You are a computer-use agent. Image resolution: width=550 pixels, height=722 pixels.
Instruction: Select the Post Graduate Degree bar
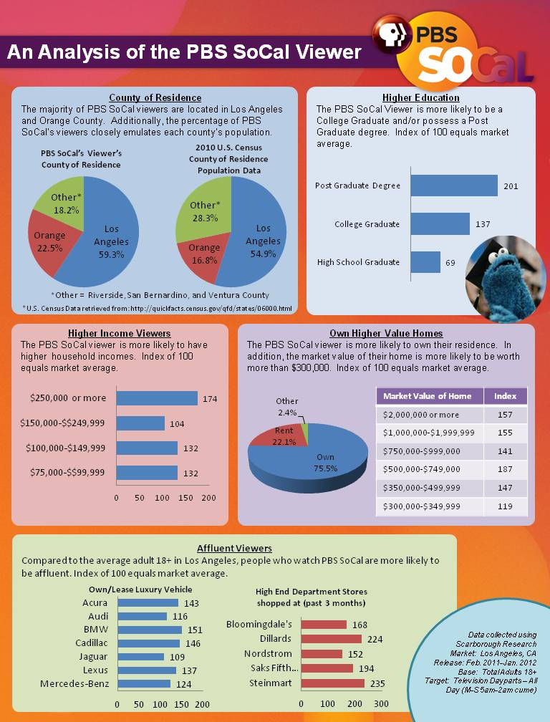pyautogui.click(x=453, y=186)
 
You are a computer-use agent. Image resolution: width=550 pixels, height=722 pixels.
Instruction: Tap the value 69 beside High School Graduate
pyautogui.click(x=450, y=263)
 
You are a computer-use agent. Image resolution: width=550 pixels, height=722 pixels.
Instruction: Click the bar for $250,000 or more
pyautogui.click(x=157, y=398)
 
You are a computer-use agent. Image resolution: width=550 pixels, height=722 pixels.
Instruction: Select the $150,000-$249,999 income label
pyautogui.click(x=67, y=423)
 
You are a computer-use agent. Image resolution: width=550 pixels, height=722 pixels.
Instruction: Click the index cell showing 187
pyautogui.click(x=505, y=469)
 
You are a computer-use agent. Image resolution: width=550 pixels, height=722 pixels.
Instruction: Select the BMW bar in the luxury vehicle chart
pyautogui.click(x=149, y=630)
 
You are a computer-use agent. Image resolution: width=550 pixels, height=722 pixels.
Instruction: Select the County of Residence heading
pyautogui.click(x=155, y=97)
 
